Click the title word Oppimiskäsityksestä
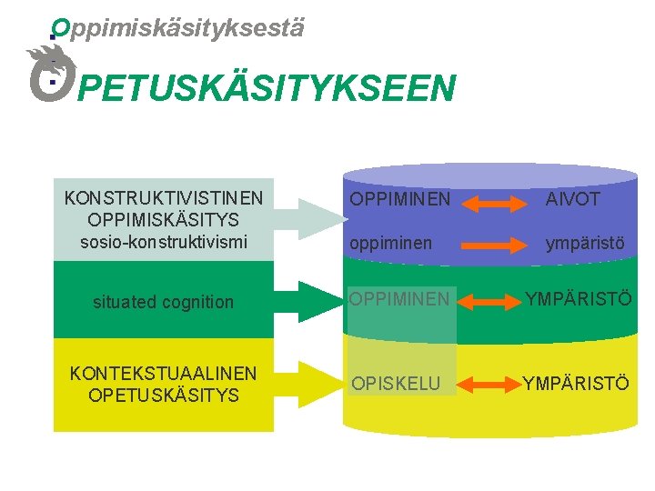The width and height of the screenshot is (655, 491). [x=177, y=28]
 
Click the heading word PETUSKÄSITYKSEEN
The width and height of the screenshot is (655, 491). [x=266, y=89]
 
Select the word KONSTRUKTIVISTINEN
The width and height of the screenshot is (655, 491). [x=164, y=197]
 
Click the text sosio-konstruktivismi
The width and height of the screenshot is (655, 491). [x=164, y=243]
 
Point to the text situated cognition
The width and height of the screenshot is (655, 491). [x=164, y=302]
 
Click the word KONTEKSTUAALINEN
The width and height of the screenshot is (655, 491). [x=164, y=374]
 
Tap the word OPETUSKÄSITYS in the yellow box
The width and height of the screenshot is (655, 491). [x=164, y=396]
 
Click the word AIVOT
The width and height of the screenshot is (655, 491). [x=573, y=198]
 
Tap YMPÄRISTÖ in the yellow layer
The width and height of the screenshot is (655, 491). [x=575, y=383]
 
